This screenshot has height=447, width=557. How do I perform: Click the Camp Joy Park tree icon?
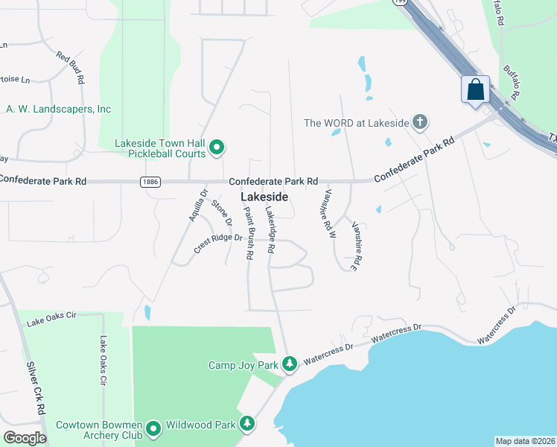point(290,364)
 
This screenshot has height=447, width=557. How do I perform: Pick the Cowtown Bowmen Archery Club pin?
point(153,429)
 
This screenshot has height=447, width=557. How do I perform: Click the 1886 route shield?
point(148,181)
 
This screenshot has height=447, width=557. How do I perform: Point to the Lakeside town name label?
point(264,196)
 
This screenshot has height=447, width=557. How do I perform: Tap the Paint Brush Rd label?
point(249,233)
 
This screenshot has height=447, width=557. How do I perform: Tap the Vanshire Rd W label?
point(328,213)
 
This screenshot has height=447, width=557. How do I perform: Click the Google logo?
point(25,438)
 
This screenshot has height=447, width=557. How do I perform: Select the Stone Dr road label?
point(221,213)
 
